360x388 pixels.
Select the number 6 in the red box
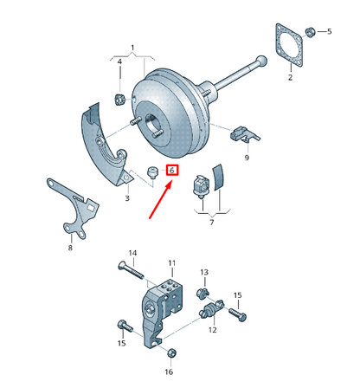pyautogui.click(x=172, y=171)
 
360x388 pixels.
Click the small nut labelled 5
pyautogui.click(x=311, y=32)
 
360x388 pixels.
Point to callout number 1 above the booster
pyautogui.click(x=132, y=47)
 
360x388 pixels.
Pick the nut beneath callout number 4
pyautogui.click(x=121, y=91)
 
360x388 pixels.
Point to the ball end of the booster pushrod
pyautogui.click(x=259, y=61)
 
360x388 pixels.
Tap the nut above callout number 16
pyautogui.click(x=170, y=352)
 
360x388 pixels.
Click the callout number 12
pyautogui.click(x=212, y=330)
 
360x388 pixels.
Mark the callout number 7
pyautogui.click(x=211, y=223)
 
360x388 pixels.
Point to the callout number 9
pyautogui.click(x=246, y=158)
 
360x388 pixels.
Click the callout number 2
pyautogui.click(x=290, y=78)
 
